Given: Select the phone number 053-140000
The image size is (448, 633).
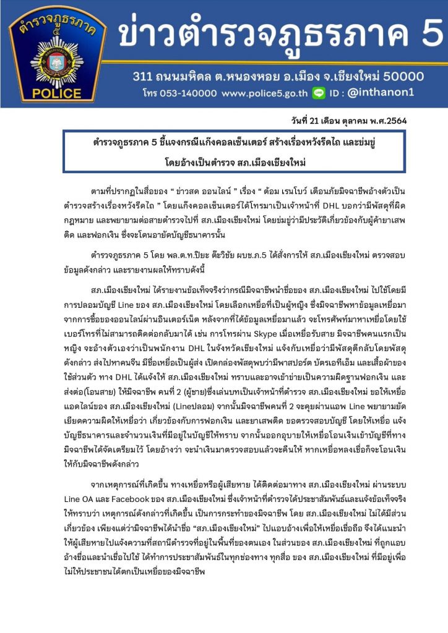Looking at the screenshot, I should [x=186, y=93].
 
